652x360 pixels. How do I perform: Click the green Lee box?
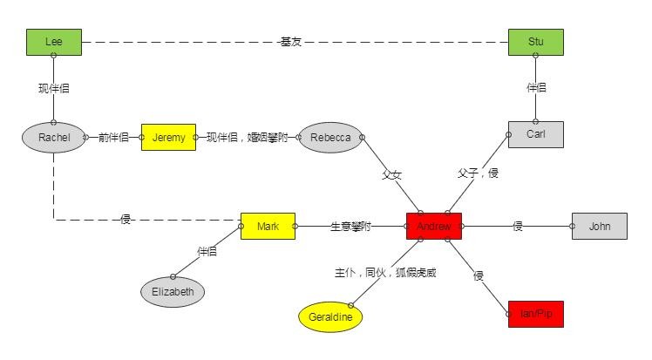(x=53, y=42)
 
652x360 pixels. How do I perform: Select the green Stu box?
(x=535, y=42)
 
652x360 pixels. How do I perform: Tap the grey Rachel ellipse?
(x=53, y=138)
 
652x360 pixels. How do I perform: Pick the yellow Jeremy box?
(x=168, y=138)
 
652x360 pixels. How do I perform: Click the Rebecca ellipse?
(x=330, y=138)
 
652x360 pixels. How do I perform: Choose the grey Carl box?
(x=535, y=134)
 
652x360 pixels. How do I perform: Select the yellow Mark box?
(x=268, y=227)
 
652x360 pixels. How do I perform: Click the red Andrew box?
(x=433, y=227)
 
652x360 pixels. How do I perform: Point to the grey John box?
(x=599, y=227)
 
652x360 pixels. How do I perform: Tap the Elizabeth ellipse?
(x=173, y=291)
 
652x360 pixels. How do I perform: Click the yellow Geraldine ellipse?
(x=329, y=318)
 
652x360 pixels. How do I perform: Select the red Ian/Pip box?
(x=535, y=314)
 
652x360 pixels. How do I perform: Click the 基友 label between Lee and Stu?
(x=290, y=42)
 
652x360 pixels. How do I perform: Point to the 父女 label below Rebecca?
(x=391, y=174)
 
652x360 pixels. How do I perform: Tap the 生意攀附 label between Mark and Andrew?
(x=350, y=227)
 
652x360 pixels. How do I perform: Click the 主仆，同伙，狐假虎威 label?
(x=384, y=273)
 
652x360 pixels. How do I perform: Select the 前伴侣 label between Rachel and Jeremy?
(x=113, y=138)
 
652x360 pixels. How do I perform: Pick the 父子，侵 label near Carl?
(x=478, y=173)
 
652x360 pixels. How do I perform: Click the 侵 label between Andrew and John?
(x=518, y=227)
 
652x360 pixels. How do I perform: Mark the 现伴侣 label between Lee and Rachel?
(x=53, y=89)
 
